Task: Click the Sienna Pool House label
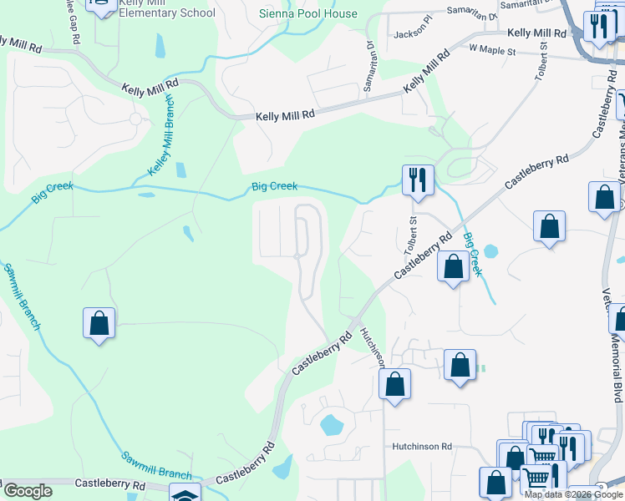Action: coord(307,13)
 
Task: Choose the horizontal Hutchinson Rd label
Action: coord(423,447)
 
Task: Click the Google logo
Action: coord(28,491)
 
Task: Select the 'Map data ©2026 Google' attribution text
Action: coord(573,494)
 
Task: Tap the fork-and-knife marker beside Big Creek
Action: coord(416,180)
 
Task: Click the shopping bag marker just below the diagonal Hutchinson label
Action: coord(395,384)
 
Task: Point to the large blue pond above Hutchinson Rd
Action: coord(332,425)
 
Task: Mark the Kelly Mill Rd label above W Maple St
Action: coord(537,33)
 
